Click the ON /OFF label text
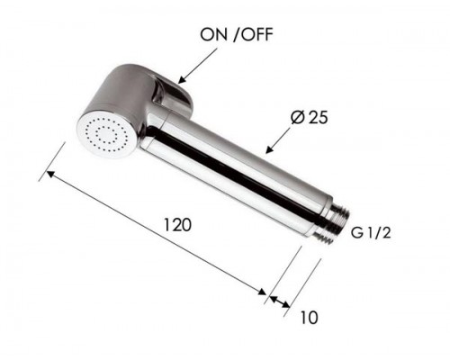pos(232,35)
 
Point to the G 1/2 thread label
pos(371,234)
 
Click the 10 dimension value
pos(310,318)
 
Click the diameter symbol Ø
pos(300,116)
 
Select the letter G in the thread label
pos(356,234)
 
